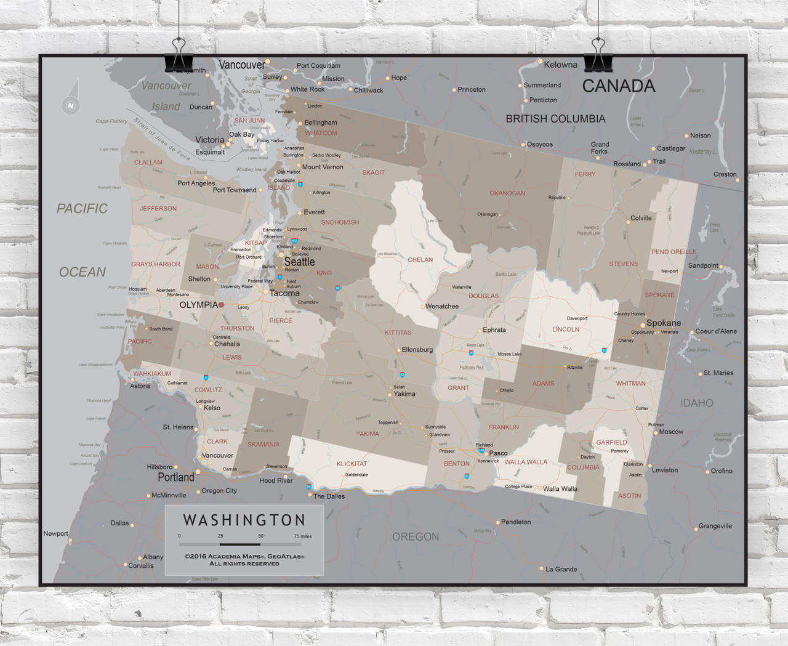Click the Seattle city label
(x=299, y=262)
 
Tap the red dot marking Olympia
(x=221, y=305)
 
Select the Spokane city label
(x=663, y=323)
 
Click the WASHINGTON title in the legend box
(x=244, y=520)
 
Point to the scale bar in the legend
(x=240, y=544)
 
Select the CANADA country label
(x=618, y=86)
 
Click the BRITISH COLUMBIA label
(x=555, y=119)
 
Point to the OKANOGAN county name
(x=507, y=193)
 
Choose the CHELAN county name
(x=420, y=260)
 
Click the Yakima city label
(x=404, y=394)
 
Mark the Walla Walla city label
(x=560, y=489)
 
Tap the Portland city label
(x=176, y=477)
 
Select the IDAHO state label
(x=696, y=403)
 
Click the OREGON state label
(x=416, y=537)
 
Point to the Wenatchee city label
(x=442, y=306)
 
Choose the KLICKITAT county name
(x=352, y=464)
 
